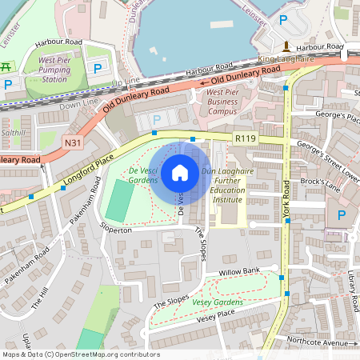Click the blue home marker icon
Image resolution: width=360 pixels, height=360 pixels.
[x=180, y=172]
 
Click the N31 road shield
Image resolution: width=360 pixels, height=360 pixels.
[x=72, y=143]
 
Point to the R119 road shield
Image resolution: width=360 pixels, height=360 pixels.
[x=245, y=138]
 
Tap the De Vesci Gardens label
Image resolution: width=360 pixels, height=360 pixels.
[x=132, y=176]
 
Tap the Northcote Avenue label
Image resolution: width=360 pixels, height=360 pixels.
[x=325, y=342]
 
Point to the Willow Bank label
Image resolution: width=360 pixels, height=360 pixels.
[x=239, y=272]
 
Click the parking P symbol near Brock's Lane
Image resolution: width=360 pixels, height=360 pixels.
[x=342, y=214]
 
